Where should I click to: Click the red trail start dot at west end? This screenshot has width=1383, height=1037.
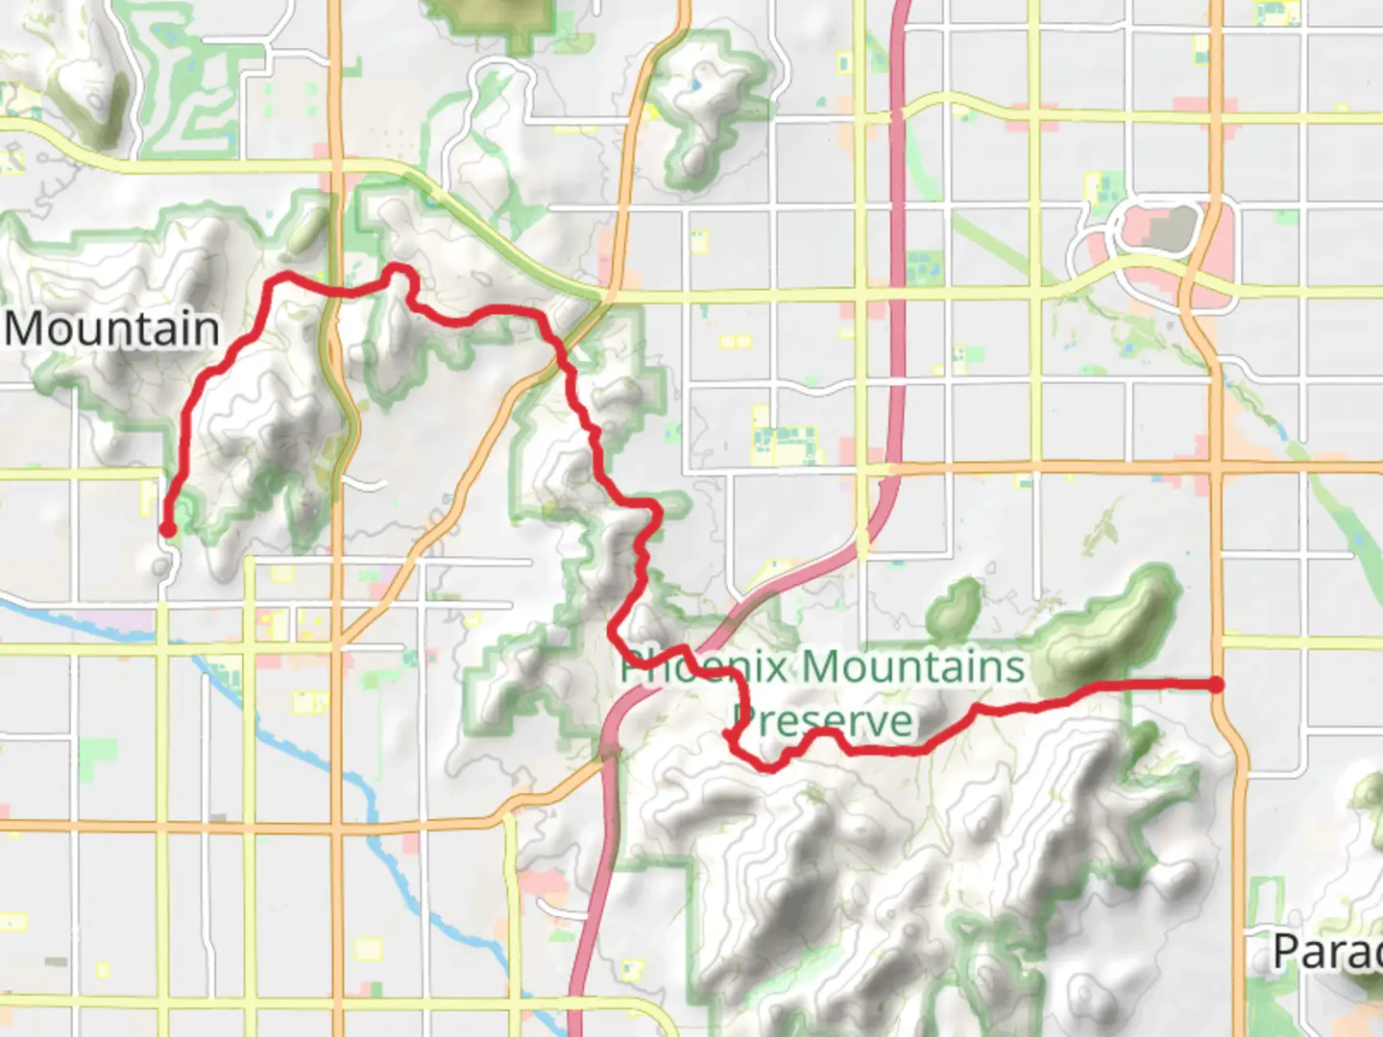[x=167, y=529]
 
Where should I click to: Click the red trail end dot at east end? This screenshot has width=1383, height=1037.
[x=1216, y=685]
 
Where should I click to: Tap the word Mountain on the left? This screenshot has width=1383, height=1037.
[x=112, y=329]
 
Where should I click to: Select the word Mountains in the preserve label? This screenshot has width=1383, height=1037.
[x=913, y=666]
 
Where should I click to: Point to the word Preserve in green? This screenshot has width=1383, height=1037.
[x=823, y=721]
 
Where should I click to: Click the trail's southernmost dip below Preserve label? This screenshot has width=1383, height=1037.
[x=768, y=766]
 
